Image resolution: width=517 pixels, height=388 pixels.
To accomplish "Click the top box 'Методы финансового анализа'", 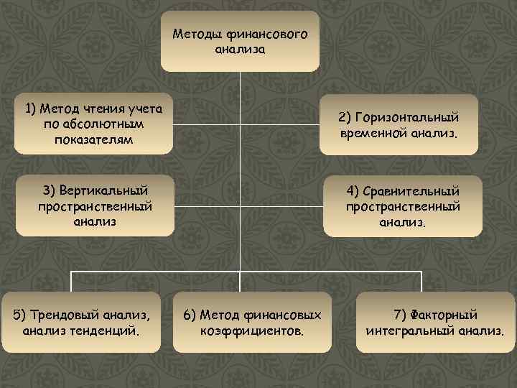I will point(240,42).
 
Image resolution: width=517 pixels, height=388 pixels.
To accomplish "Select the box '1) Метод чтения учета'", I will point(93,124).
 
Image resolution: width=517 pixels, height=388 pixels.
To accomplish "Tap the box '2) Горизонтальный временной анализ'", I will point(399,125).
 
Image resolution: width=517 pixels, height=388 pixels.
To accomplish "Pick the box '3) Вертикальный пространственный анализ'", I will point(95,205).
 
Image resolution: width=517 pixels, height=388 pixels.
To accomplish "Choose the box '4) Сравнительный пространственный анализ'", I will point(402,206).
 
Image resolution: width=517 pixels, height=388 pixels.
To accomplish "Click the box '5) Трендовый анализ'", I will point(80,322).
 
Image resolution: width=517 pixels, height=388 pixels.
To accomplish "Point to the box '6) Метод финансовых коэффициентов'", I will point(253,322).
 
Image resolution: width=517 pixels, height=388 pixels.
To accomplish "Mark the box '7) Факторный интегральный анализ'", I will point(435,322).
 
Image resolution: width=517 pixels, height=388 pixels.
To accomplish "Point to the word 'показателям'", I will point(93,139).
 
